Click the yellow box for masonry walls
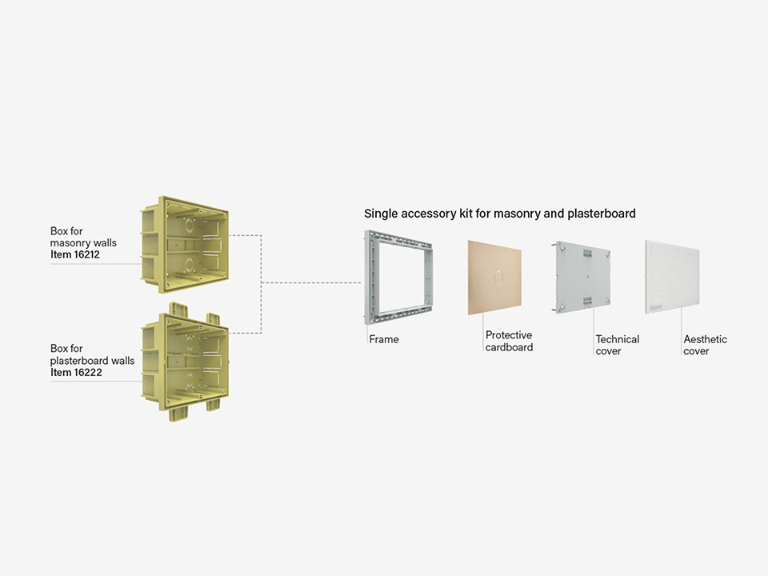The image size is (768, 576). (185, 245)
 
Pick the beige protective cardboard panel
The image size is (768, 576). (494, 278)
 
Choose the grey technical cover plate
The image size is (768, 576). (581, 277)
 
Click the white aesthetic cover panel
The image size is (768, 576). (672, 277)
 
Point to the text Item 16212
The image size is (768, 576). (75, 254)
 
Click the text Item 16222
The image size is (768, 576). (76, 372)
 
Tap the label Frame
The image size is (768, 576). (384, 339)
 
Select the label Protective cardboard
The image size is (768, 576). (509, 341)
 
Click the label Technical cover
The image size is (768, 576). (617, 345)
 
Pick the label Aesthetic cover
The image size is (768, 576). (705, 345)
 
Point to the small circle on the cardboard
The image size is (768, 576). (498, 277)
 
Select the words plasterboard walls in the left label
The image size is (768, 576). (92, 361)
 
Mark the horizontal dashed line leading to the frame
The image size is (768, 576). (311, 282)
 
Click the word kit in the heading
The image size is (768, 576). (466, 214)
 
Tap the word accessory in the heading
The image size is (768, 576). (428, 214)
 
